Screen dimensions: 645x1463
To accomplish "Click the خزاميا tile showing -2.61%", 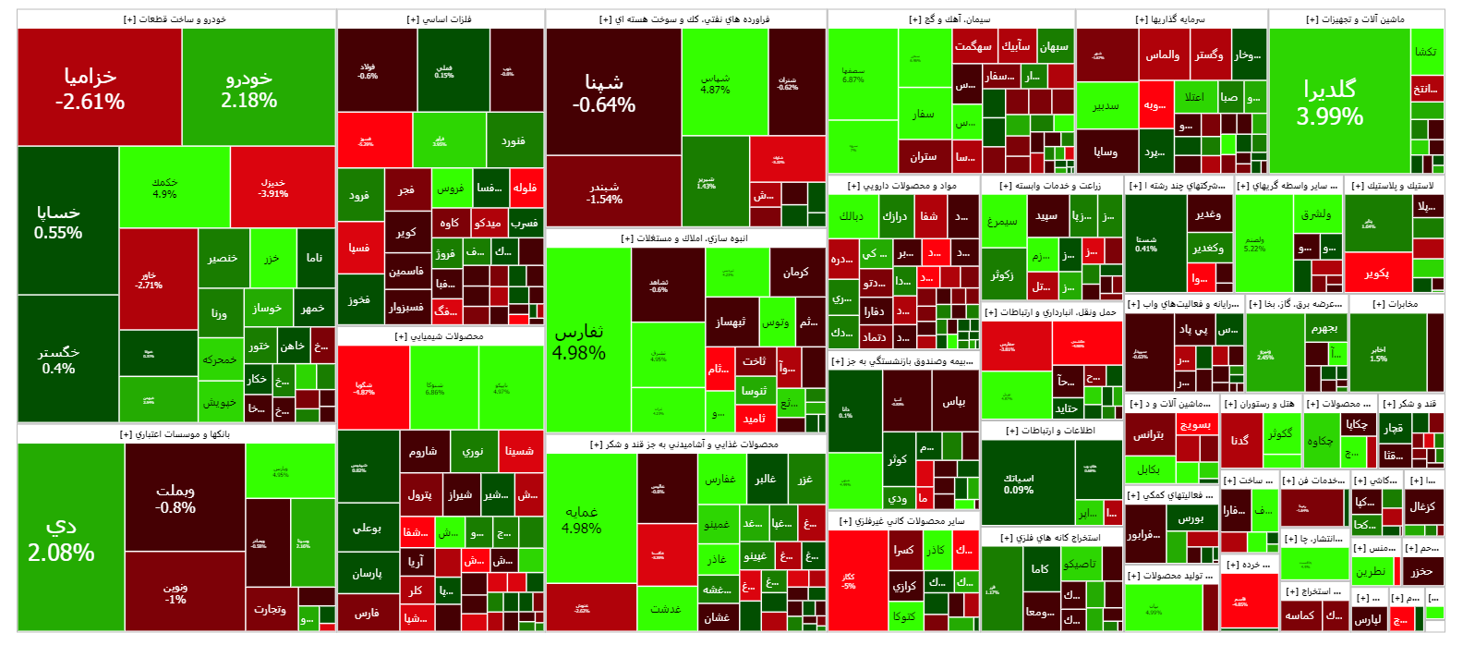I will coord(90,88).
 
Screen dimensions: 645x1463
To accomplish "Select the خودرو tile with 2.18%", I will coord(249,88).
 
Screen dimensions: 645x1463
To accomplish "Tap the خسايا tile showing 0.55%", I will coord(58,222).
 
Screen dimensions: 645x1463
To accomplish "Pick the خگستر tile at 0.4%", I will coord(58,359).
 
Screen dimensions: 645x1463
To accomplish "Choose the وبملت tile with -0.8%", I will coord(175,498).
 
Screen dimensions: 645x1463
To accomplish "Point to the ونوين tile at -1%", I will coord(175,592).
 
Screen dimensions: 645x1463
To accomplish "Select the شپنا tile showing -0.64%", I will coord(604,92).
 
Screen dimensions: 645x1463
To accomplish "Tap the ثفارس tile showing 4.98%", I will coord(579,341).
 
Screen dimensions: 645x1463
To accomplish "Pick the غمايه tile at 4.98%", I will coord(582,519).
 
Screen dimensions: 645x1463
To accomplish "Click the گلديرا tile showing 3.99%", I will coord(1330,102).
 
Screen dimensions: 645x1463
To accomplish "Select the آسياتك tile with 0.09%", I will coord(1019,484).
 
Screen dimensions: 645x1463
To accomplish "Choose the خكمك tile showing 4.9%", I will coord(164,188).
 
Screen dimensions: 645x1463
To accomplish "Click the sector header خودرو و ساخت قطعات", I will coord(175,19).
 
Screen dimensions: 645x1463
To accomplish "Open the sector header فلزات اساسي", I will coord(440,19).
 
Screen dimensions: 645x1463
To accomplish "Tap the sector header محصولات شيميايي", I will coord(440,336).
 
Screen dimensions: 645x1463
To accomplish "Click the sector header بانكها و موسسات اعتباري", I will coord(175,434).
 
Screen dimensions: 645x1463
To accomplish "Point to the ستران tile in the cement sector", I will coord(924,156).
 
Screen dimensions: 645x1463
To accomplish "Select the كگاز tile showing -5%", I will coord(848,581).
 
